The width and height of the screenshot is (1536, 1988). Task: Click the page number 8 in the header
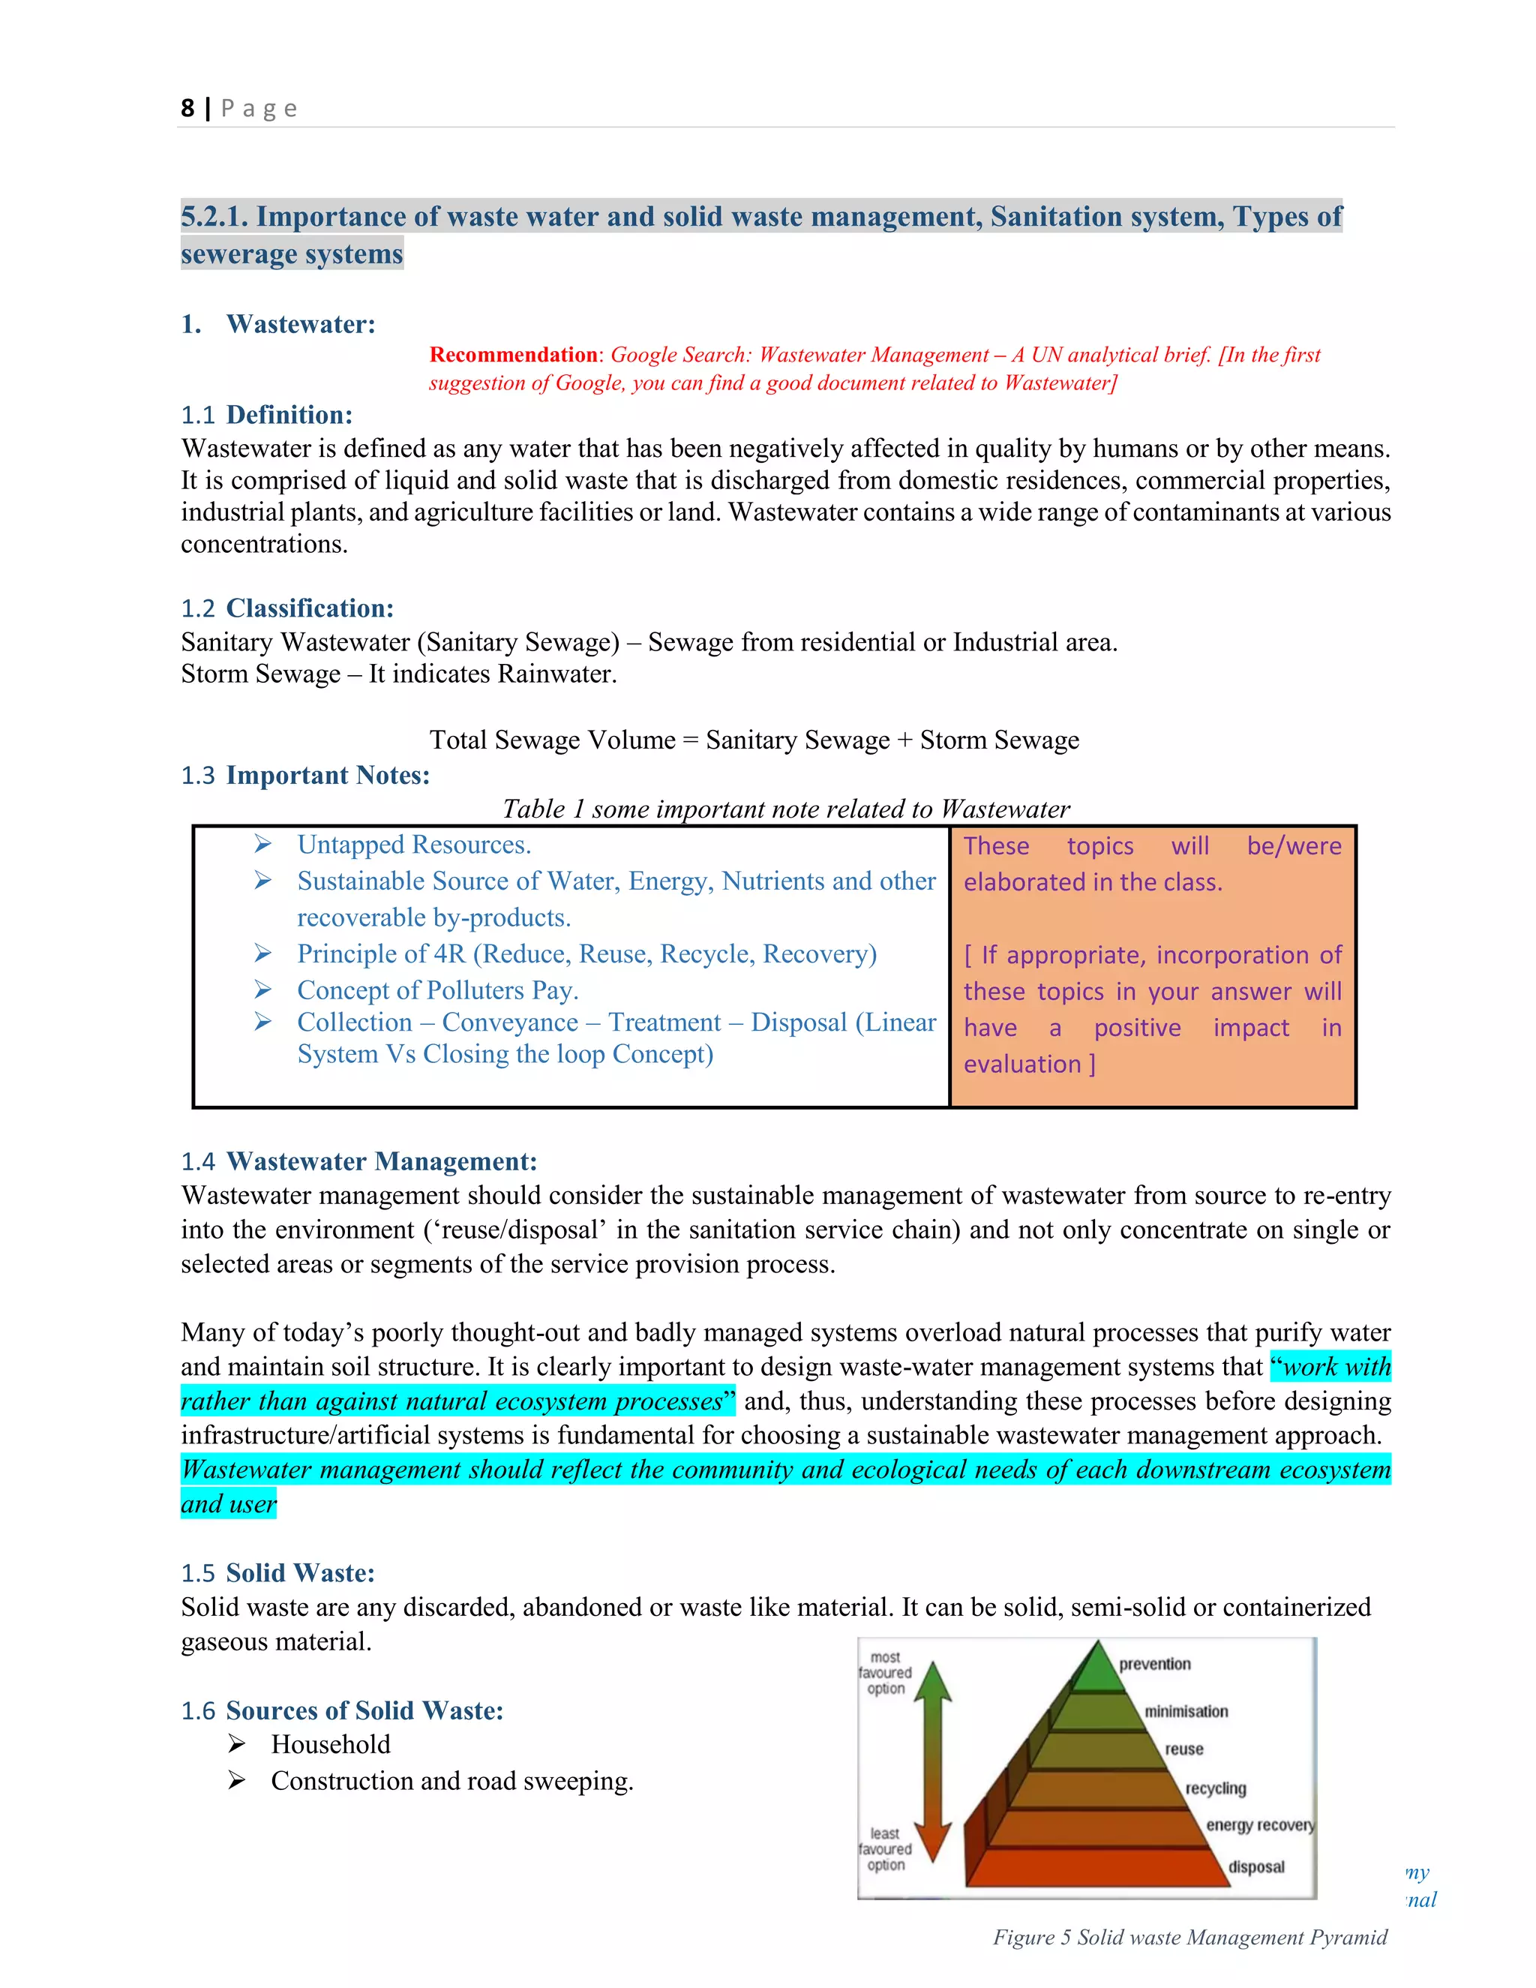pos(187,108)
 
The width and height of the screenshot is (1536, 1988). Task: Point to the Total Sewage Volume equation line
pos(754,740)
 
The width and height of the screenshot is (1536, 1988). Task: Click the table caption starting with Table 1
pos(785,809)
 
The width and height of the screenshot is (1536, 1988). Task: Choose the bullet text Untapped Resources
pos(414,845)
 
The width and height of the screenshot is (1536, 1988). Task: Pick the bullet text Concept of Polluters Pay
pos(438,990)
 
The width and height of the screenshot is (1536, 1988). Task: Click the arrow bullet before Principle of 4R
pos(263,953)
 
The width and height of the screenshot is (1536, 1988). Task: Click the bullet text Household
pos(330,1744)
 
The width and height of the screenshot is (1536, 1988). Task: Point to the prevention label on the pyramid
pos(1153,1664)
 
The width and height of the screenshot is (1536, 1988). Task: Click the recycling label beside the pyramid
pos(1215,1788)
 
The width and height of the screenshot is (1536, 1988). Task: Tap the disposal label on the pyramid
pos(1255,1867)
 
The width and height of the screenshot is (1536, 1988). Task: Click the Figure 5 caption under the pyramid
pos(1189,1938)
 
